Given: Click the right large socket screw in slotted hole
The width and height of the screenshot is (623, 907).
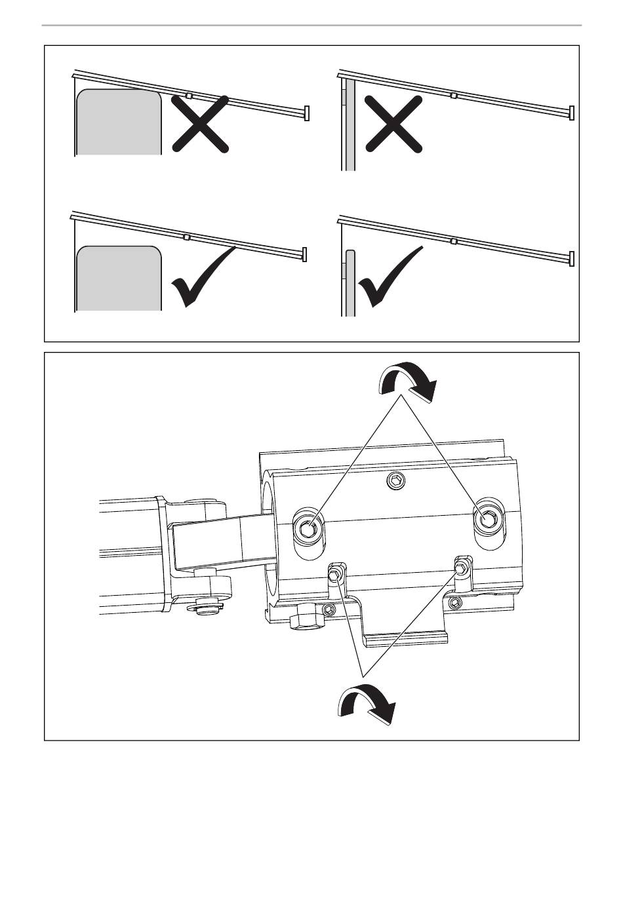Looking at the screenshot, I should point(489,519).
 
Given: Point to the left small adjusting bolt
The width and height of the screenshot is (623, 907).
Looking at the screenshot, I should point(335,575).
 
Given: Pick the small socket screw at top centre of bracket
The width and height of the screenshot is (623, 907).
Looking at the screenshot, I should point(395,482).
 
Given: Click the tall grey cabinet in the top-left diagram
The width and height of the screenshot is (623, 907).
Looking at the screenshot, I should point(119,123).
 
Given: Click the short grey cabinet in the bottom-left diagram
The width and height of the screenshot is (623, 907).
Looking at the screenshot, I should point(119,278).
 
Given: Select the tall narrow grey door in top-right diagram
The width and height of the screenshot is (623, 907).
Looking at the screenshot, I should point(350,125).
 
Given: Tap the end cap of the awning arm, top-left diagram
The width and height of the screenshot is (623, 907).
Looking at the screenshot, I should point(307,113).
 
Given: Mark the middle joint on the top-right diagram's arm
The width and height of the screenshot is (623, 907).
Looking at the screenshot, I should point(453,96).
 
